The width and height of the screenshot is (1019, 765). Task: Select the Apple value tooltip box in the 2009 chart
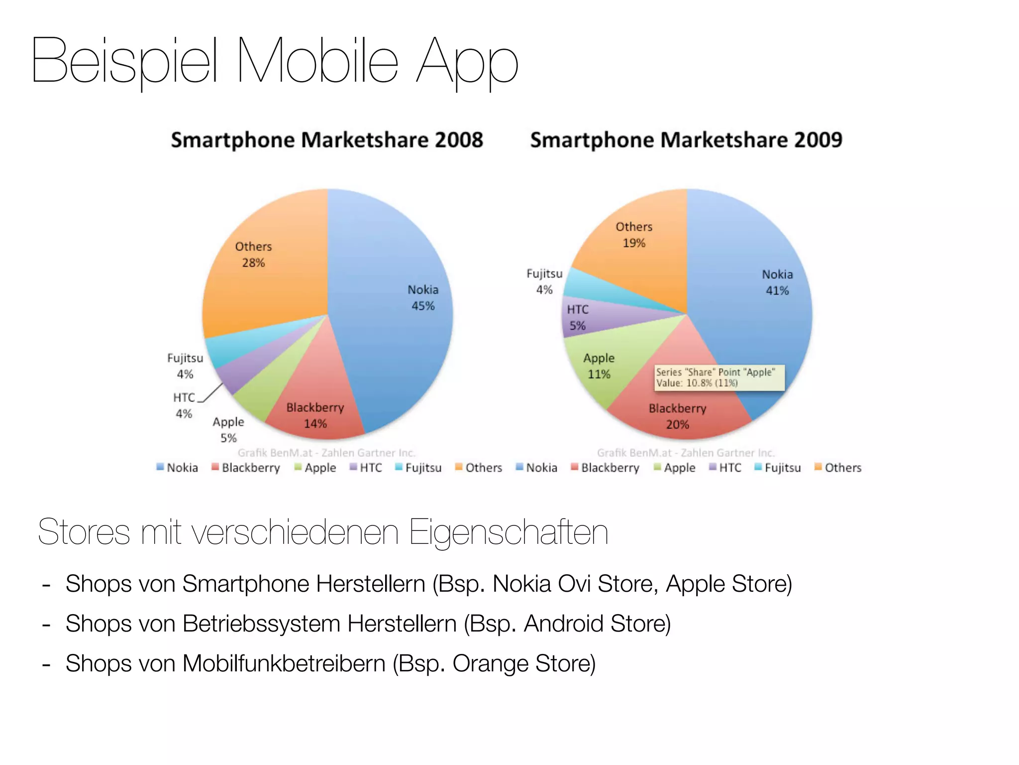pos(719,378)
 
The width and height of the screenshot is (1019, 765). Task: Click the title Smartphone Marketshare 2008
pos(327,140)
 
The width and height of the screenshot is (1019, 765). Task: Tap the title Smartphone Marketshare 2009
pos(686,140)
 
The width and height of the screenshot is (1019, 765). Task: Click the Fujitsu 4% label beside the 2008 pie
pos(185,366)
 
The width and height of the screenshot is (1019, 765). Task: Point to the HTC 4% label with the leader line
pos(184,405)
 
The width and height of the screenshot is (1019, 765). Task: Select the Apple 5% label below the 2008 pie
pos(228,430)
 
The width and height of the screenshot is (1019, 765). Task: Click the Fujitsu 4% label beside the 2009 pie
pos(544,281)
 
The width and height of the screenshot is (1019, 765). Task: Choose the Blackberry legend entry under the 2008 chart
pos(246,468)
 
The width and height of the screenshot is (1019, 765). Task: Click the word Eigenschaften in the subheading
pos(508,532)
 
